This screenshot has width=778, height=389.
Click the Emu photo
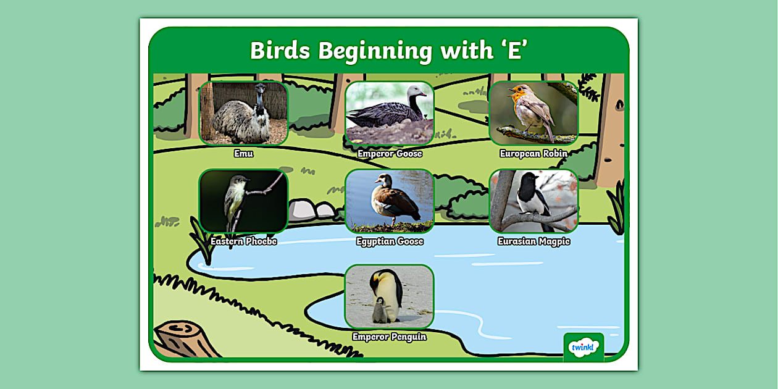coord(243,113)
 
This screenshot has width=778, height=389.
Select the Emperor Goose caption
coord(389,154)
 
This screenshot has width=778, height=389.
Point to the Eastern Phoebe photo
coord(243,201)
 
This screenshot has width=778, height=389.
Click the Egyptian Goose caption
coord(390,241)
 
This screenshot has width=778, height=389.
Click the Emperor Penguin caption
coord(389,337)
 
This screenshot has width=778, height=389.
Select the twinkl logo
coord(583,348)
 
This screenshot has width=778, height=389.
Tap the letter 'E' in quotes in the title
coord(514,51)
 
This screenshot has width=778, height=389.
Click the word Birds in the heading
coord(280,51)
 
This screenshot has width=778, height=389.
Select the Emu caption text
coord(243,154)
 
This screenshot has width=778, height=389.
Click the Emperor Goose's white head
coord(416,94)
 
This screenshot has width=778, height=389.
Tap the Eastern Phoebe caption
coord(243,241)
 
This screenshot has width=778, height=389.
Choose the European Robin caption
coord(533,154)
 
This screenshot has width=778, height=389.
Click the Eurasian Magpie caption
coord(533,241)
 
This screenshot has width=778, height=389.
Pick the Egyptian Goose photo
coord(389,201)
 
